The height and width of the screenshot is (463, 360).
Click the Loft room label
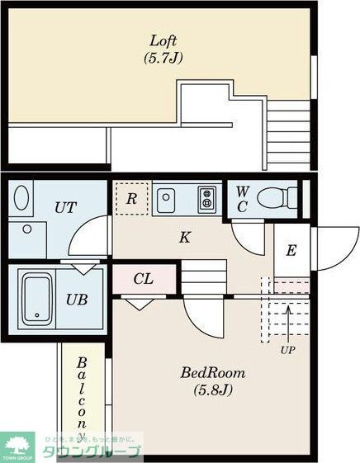[x=163, y=40]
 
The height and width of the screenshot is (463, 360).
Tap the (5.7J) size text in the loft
[x=163, y=58]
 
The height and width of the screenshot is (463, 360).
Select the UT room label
[x=67, y=207]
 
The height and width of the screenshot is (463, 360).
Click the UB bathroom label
[x=78, y=299]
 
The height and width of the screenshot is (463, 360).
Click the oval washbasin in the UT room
[x=22, y=199]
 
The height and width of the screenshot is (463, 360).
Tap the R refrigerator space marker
[x=130, y=199]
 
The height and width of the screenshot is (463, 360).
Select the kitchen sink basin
[x=167, y=198]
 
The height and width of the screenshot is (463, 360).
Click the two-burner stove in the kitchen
[x=206, y=198]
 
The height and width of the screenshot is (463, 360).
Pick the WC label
[x=243, y=198]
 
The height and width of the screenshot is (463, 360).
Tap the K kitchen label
[x=186, y=238]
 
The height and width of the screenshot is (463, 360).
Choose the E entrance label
[x=291, y=251]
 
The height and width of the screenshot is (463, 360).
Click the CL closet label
[x=144, y=279]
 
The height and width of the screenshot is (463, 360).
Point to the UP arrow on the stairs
[x=288, y=319]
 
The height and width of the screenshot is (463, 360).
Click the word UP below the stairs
[x=287, y=349]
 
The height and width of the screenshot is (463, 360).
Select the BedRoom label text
[x=213, y=372]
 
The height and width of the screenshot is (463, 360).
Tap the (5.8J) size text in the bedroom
[x=213, y=390]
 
